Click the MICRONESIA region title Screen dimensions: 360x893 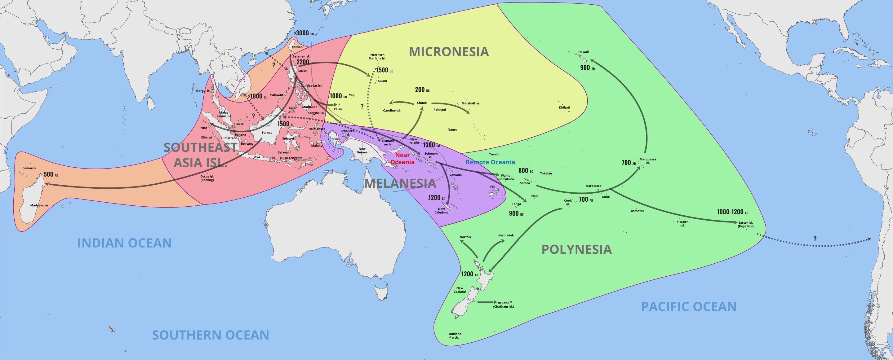pyautogui.click(x=449, y=52)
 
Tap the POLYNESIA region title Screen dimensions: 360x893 pyautogui.click(x=576, y=249)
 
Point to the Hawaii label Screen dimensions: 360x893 pyautogui.click(x=584, y=52)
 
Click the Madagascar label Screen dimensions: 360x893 pyautogui.click(x=39, y=205)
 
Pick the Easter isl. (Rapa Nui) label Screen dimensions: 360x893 pyautogui.click(x=745, y=225)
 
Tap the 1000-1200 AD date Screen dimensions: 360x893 pyautogui.click(x=732, y=212)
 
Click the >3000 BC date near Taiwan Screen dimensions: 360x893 pyautogui.click(x=303, y=33)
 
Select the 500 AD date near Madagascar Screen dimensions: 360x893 pyautogui.click(x=51, y=174)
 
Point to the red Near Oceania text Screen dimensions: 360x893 pyautogui.click(x=402, y=159)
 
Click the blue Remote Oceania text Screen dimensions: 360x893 pyautogui.click(x=490, y=162)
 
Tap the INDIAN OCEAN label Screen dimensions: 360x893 pyautogui.click(x=124, y=243)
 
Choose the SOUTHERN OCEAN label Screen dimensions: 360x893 pyautogui.click(x=211, y=335)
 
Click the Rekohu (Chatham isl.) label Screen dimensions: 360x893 pyautogui.click(x=503, y=305)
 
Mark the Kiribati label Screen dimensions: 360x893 pyautogui.click(x=564, y=108)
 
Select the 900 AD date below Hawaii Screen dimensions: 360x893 pyautogui.click(x=587, y=68)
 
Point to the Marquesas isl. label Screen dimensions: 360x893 pyautogui.click(x=647, y=161)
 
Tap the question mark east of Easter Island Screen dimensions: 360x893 pyautogui.click(x=815, y=239)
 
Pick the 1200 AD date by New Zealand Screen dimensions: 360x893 pyautogui.click(x=469, y=274)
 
